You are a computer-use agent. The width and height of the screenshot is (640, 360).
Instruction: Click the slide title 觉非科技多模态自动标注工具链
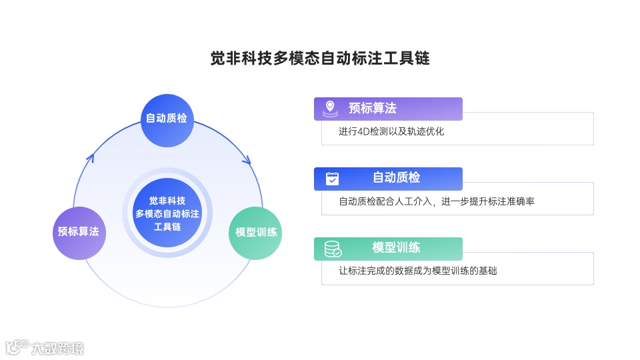[x=320, y=58]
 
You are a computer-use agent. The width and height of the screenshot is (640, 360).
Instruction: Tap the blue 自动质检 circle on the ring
[x=167, y=119]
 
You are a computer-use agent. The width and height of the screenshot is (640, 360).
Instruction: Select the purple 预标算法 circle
[x=79, y=232]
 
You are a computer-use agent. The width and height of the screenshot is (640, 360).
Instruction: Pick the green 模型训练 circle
[x=256, y=233]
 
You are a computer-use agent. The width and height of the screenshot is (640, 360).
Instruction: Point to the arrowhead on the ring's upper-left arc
[x=91, y=157]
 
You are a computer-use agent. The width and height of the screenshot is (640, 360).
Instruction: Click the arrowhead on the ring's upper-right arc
[x=247, y=161]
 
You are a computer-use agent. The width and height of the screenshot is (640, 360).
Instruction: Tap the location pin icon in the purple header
[x=330, y=108]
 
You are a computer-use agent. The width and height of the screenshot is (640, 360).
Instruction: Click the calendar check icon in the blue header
[x=332, y=178]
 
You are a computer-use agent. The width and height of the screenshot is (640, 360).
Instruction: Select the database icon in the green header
[x=332, y=249]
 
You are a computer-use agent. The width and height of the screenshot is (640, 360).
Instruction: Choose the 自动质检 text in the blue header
[x=396, y=178]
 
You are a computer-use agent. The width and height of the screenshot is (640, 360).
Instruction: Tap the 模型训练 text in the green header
[x=396, y=248]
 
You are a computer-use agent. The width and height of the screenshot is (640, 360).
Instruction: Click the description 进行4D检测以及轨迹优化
[x=391, y=131]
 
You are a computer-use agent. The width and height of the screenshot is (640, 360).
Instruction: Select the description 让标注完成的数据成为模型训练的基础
[x=418, y=271]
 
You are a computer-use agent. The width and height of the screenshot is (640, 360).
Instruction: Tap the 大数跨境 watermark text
[x=57, y=348]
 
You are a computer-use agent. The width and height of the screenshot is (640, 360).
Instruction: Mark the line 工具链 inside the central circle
[x=167, y=227]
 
